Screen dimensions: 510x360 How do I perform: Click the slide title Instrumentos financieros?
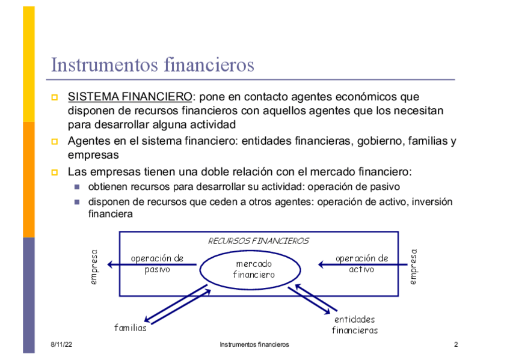[153, 65]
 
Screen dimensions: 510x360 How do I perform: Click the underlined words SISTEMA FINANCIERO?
[129, 97]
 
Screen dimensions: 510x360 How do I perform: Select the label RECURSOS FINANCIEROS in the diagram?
[258, 241]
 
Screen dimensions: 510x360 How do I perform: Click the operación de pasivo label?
[157, 264]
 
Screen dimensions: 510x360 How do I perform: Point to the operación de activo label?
[361, 264]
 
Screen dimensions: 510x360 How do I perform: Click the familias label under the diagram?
[131, 328]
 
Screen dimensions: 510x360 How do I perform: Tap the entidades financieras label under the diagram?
[355, 325]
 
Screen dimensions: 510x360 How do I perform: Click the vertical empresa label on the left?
[94, 267]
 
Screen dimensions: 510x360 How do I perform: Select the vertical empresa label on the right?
[413, 266]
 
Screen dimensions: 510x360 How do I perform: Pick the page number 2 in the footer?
[456, 344]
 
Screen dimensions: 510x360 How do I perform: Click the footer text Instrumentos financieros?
[254, 344]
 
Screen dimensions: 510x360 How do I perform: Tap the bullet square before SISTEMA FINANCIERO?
[55, 97]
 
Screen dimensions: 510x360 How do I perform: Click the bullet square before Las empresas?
[55, 172]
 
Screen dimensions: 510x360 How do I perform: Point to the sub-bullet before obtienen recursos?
[77, 187]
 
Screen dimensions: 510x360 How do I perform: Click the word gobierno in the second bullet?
[381, 142]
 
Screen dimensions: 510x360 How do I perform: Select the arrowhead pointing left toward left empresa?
[111, 264]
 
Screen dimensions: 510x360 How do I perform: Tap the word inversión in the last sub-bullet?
[433, 202]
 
